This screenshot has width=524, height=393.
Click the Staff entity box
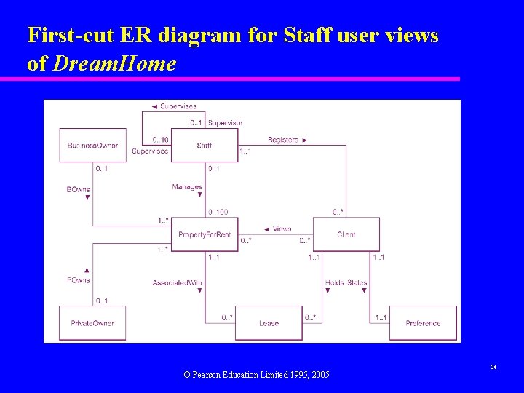205,146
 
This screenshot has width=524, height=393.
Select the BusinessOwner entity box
92,146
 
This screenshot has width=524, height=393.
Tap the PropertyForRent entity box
205,234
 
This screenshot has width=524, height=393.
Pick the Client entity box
346,234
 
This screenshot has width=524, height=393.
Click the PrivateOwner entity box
92,323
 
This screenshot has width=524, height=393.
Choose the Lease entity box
269,323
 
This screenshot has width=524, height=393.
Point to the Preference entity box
423,323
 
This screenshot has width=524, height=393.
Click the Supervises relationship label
178,107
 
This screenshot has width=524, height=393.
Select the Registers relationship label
283,140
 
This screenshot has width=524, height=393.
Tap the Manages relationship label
187,187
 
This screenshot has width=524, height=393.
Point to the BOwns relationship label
78,189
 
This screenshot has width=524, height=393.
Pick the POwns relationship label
78,279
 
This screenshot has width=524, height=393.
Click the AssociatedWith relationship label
178,282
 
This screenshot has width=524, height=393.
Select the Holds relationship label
336,282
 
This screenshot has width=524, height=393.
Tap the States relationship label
357,282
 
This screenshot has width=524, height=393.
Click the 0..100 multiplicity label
218,212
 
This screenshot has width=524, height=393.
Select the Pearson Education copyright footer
256,374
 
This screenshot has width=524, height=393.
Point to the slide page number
493,367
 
